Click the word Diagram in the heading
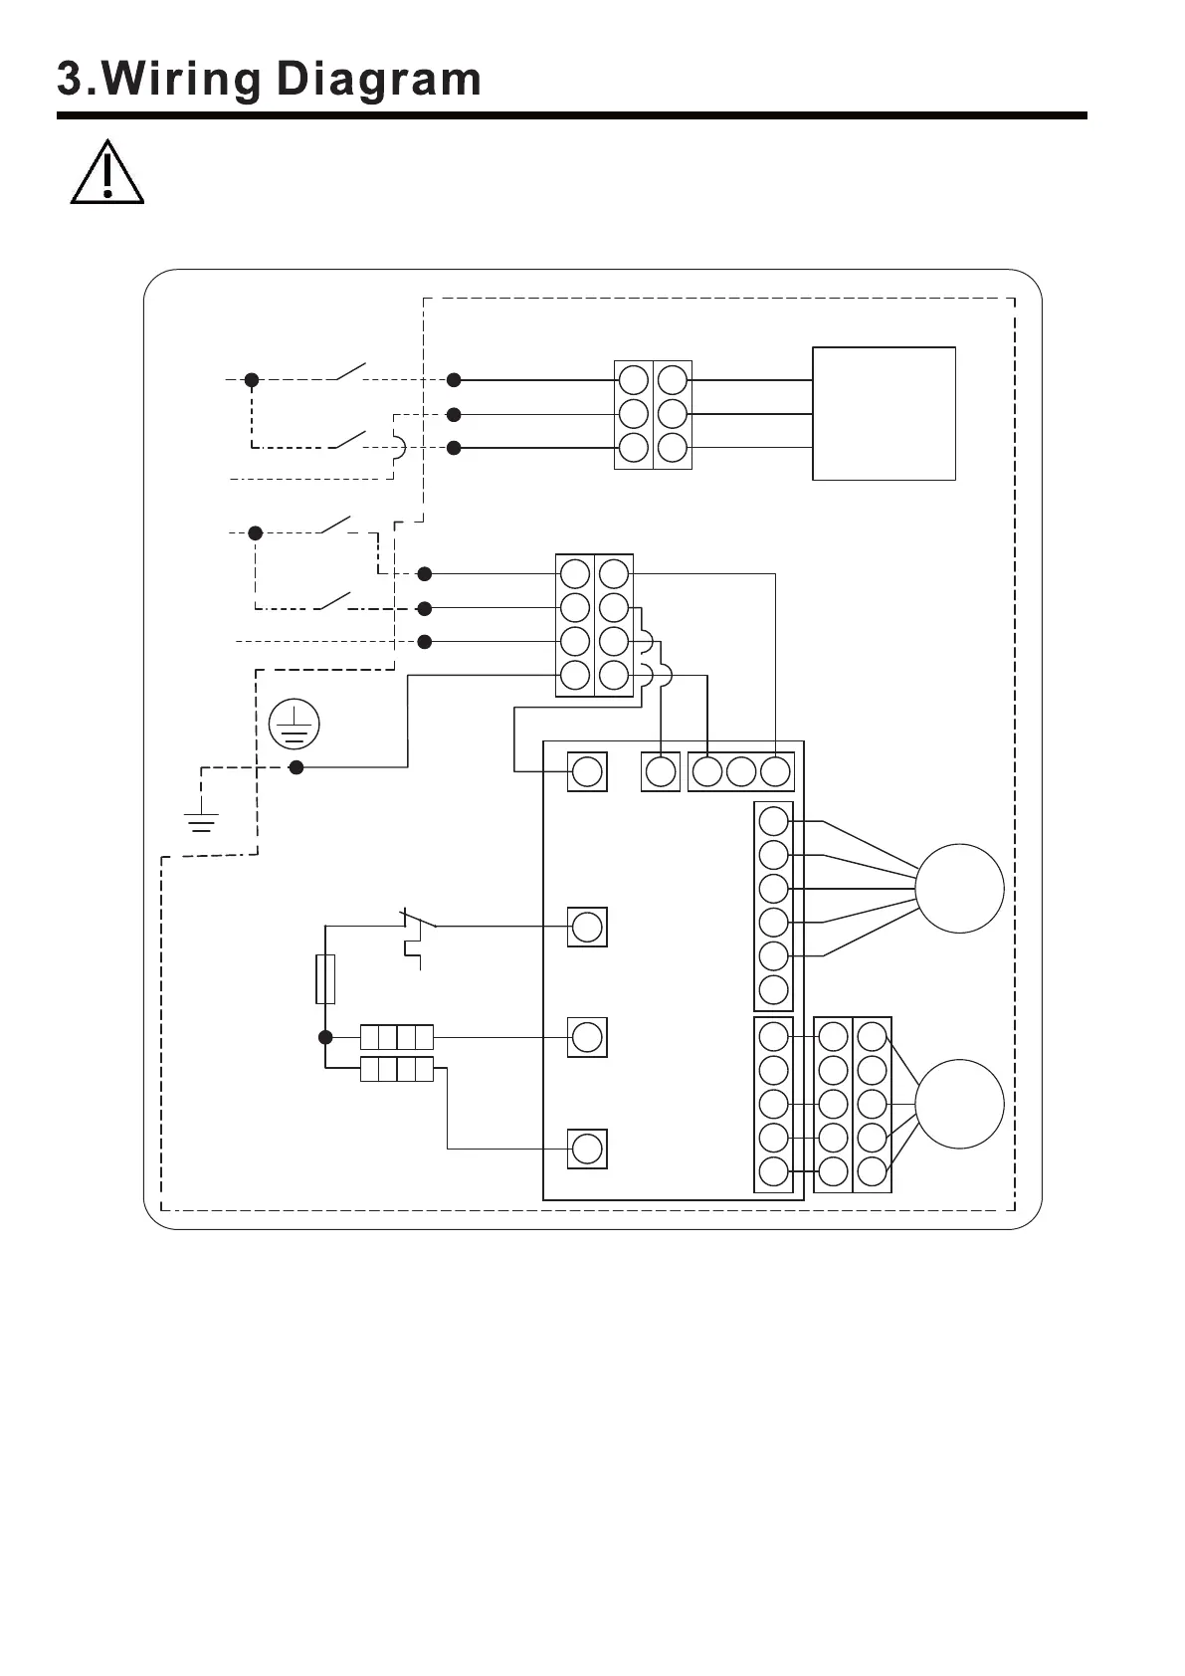(379, 81)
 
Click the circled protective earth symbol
(294, 724)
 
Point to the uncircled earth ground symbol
(201, 821)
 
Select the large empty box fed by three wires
(884, 413)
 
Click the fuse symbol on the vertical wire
(324, 978)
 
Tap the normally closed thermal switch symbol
(417, 931)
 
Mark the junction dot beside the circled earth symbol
(296, 767)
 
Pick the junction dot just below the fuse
(325, 1037)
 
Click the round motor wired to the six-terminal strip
(959, 888)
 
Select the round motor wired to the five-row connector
(959, 1104)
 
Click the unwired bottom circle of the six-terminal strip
(773, 989)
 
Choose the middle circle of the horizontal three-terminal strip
(740, 771)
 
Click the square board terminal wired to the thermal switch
(587, 927)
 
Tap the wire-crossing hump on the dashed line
(399, 448)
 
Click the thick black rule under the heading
(571, 116)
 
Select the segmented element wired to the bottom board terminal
(396, 1070)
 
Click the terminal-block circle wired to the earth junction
(575, 675)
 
